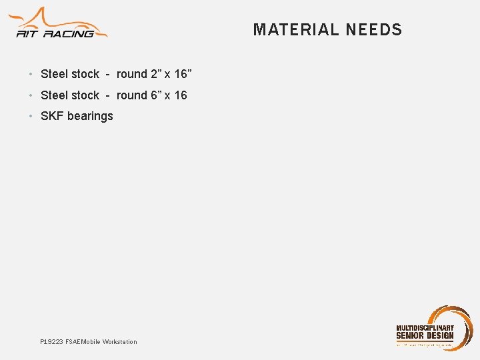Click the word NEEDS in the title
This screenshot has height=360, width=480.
click(x=375, y=30)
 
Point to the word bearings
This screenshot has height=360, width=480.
click(x=90, y=117)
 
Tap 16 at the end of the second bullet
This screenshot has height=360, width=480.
click(x=181, y=95)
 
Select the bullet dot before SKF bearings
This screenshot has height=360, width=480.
click(x=31, y=117)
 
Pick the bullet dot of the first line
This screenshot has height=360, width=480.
click(x=31, y=75)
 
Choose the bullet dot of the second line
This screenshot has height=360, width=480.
click(x=31, y=96)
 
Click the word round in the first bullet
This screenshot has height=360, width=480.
click(x=131, y=74)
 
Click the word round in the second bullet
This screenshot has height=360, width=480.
click(x=131, y=95)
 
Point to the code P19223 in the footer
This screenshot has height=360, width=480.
click(x=51, y=342)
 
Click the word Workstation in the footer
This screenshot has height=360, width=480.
click(x=119, y=342)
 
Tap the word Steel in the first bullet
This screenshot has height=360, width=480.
click(x=54, y=74)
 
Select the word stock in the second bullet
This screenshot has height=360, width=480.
click(x=85, y=95)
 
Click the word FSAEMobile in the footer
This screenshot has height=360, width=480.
click(x=83, y=342)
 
